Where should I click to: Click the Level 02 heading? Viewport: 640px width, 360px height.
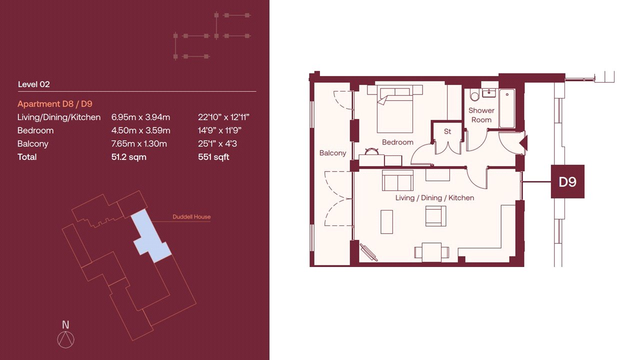pyautogui.click(x=33, y=84)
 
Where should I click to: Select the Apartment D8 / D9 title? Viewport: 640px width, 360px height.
pyautogui.click(x=55, y=103)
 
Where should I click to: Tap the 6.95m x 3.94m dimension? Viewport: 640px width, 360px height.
pyautogui.click(x=140, y=117)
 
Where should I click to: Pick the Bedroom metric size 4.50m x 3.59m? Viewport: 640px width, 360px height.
pyautogui.click(x=140, y=130)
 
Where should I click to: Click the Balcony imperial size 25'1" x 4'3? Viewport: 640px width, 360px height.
pyautogui.click(x=217, y=143)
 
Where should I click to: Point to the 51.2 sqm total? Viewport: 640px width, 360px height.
pyautogui.click(x=129, y=157)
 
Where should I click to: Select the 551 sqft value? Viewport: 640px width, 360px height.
pyautogui.click(x=213, y=157)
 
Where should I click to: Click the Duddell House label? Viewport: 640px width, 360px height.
pyautogui.click(x=191, y=217)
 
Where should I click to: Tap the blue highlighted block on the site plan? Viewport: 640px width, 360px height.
pyautogui.click(x=150, y=237)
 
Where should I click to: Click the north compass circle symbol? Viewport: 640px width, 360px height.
pyautogui.click(x=65, y=339)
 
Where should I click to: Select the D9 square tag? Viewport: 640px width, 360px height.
pyautogui.click(x=567, y=181)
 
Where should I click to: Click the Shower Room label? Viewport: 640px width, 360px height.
pyautogui.click(x=481, y=115)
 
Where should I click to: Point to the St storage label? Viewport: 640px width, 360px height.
pyautogui.click(x=447, y=131)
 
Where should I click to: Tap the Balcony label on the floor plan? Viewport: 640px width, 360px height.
pyautogui.click(x=332, y=153)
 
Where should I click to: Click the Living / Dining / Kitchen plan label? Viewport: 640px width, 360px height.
pyautogui.click(x=434, y=197)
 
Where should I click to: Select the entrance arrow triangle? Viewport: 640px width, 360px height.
pyautogui.click(x=523, y=143)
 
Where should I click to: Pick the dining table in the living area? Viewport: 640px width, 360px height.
pyautogui.click(x=431, y=252)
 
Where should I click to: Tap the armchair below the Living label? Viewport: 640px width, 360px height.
pyautogui.click(x=435, y=216)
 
